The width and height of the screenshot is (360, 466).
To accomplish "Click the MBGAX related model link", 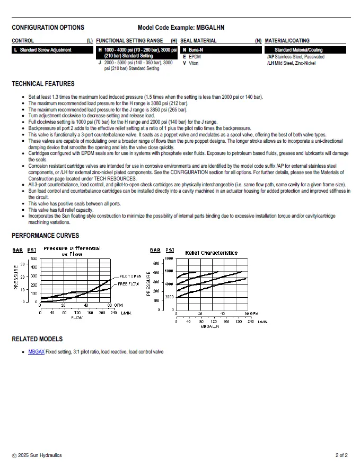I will click(x=36, y=352).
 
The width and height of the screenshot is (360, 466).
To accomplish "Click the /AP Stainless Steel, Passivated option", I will click(x=296, y=56).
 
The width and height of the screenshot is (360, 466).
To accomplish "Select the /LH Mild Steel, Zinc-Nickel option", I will click(x=291, y=63).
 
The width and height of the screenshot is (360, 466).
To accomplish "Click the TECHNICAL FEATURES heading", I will click(x=43, y=84).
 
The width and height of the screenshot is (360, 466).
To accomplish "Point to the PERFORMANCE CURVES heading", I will click(x=45, y=236).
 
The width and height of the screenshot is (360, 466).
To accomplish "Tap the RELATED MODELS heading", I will click(x=37, y=339).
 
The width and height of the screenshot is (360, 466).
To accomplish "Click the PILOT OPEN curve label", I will click(x=130, y=277).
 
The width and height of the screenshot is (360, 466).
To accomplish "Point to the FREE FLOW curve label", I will click(x=128, y=284).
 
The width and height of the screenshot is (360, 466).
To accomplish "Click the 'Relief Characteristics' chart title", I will click(x=211, y=253).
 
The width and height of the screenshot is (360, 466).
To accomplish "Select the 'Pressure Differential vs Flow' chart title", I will click(x=72, y=251).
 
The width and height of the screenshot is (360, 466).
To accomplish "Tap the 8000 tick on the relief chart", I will click(x=169, y=258).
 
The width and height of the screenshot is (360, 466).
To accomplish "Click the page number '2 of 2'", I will click(x=341, y=455).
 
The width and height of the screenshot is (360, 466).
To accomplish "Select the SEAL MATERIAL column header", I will click(x=198, y=40).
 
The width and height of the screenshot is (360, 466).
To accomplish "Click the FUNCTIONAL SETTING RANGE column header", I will click(x=129, y=40).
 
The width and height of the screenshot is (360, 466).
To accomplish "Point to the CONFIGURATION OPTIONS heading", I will click(x=48, y=28).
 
